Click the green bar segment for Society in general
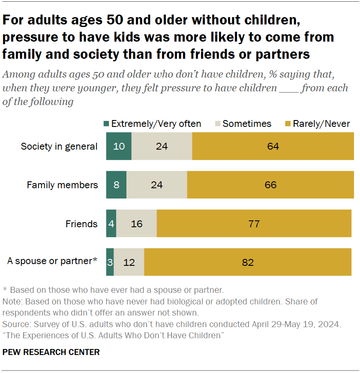coord(119,146)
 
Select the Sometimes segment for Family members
coord(157,185)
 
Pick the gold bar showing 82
coord(248,262)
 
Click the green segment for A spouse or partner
coord(110,262)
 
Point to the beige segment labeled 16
coord(137,224)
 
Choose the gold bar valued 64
coord(273,146)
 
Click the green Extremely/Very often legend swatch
coord(106,124)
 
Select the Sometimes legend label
coord(247,124)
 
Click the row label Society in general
coord(59,147)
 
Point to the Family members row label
coord(62,185)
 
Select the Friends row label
coord(81,224)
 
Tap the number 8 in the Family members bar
coord(116,185)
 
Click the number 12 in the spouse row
coord(129,262)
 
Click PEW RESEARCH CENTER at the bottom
coord(51,352)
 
